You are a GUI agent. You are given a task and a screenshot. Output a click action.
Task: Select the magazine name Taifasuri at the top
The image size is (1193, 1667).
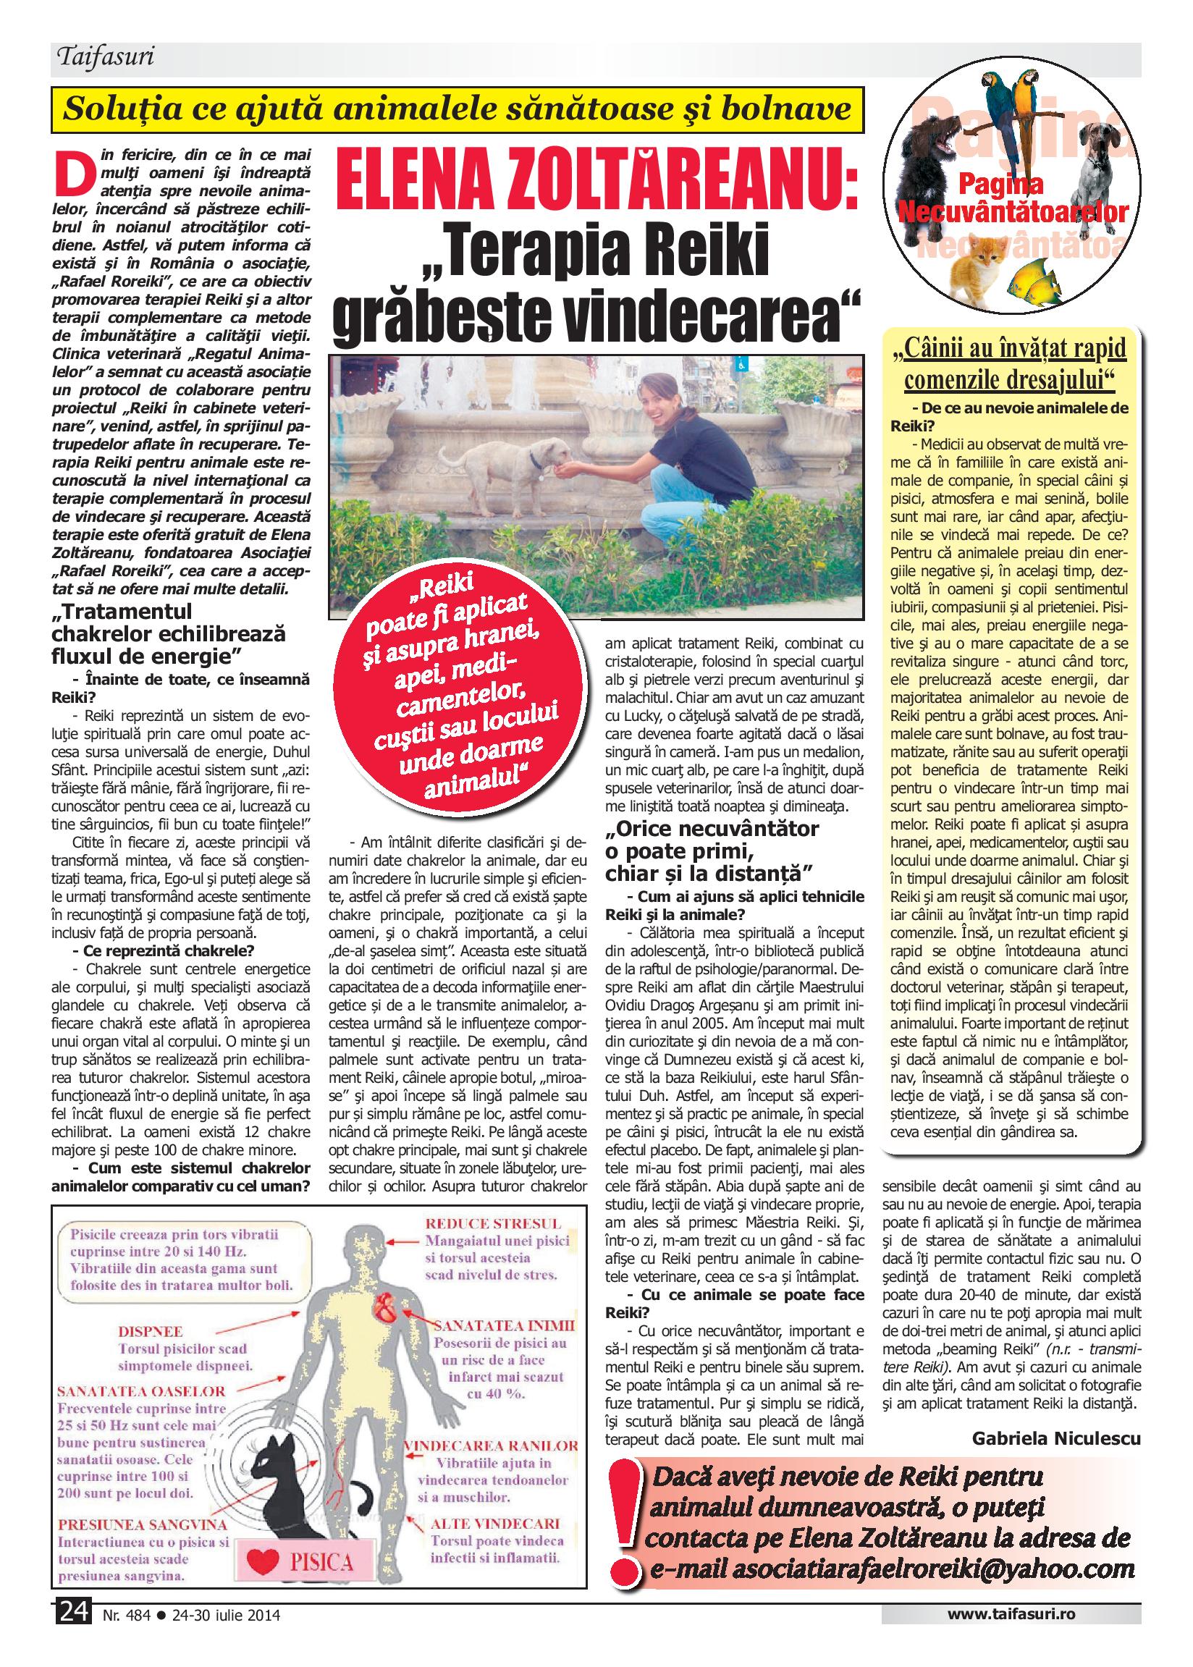coord(104,56)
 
